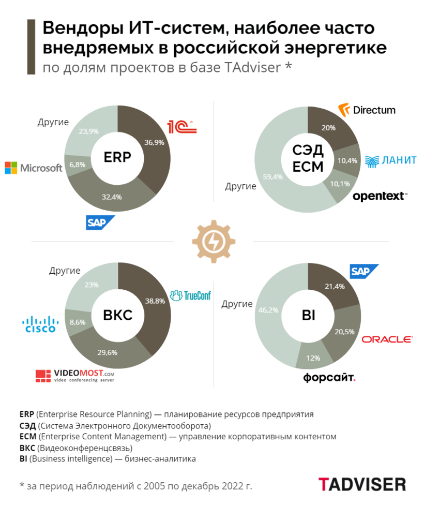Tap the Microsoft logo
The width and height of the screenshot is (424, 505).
34,168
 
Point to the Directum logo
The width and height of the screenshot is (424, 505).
367,110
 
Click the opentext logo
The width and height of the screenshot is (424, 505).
380,196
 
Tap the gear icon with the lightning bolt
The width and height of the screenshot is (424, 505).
214,241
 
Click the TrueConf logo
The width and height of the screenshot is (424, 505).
190,295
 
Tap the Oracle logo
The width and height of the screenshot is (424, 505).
387,339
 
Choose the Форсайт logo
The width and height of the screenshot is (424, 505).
329,378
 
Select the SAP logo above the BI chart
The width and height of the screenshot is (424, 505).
365,271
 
